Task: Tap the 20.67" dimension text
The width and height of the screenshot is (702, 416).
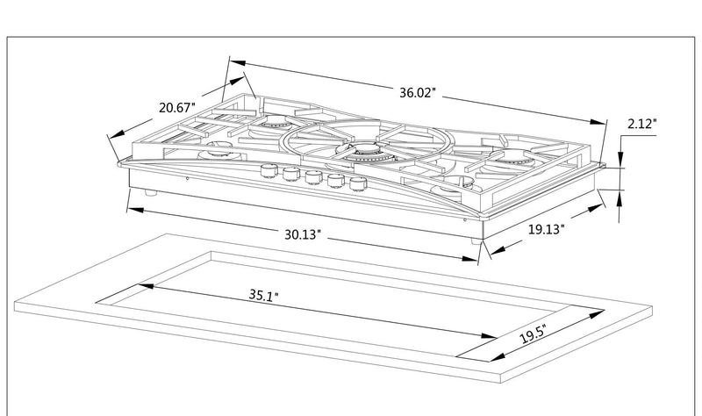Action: pyautogui.click(x=177, y=108)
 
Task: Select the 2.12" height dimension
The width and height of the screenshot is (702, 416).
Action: pyautogui.click(x=641, y=125)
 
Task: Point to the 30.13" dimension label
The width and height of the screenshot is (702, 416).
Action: pyautogui.click(x=301, y=234)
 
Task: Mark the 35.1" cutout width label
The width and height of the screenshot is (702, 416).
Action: pyautogui.click(x=261, y=297)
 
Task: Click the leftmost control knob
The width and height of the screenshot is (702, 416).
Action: pyautogui.click(x=268, y=169)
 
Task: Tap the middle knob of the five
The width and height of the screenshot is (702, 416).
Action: pyautogui.click(x=312, y=178)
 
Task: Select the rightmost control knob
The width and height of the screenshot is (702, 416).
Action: pyautogui.click(x=356, y=185)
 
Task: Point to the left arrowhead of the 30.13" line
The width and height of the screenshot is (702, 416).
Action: pyautogui.click(x=130, y=209)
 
